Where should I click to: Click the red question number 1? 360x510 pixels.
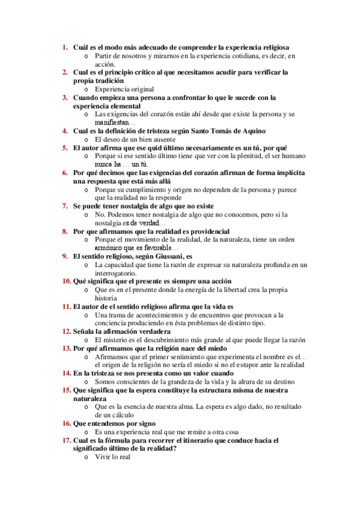click(x=66, y=46)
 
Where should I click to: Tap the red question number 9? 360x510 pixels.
click(x=66, y=256)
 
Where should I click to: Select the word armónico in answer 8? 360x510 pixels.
click(x=109, y=247)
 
